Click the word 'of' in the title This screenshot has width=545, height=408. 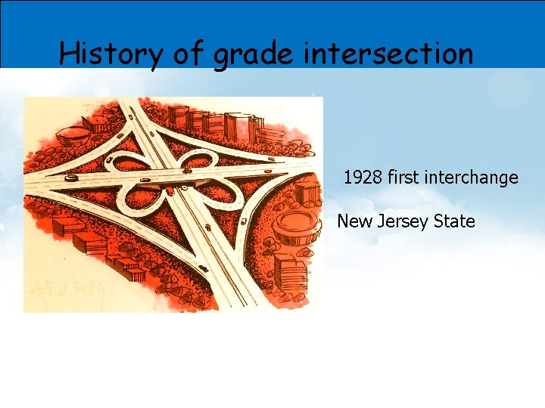pyautogui.click(x=185, y=54)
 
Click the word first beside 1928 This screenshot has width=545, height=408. pyautogui.click(x=403, y=178)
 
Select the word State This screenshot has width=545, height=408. pyautogui.click(x=456, y=222)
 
